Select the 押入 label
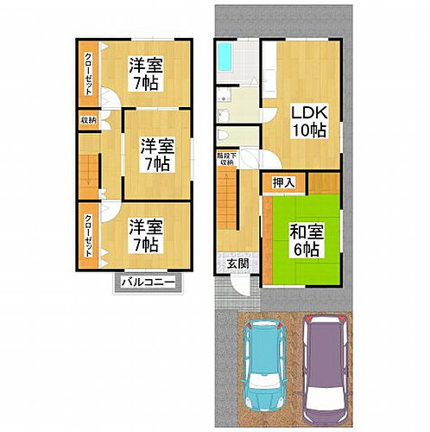(283, 182)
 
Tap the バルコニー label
(148, 283)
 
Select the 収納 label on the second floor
(88, 120)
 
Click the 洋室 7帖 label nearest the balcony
(147, 235)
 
